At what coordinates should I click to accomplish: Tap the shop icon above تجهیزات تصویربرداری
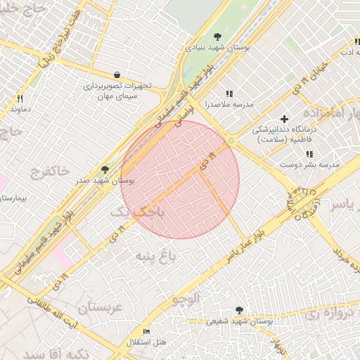pos(116,75)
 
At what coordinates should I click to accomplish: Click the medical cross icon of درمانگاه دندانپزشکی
pos(284,119)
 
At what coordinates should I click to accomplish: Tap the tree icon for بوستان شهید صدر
pos(105,169)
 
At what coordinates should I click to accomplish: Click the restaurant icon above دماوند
pos(20,99)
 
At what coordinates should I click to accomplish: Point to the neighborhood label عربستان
pos(101,307)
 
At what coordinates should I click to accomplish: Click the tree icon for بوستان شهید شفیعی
pos(240,309)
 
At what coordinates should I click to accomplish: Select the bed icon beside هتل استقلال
pos(146,331)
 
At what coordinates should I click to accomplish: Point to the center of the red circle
pos(180,180)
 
